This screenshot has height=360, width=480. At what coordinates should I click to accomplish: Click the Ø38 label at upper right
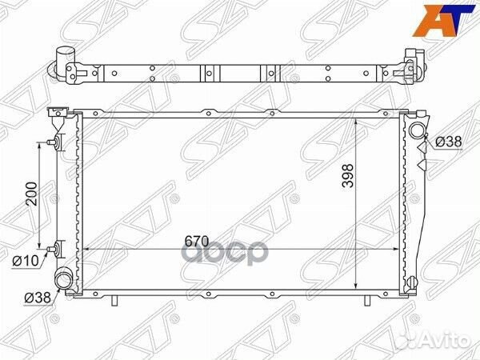click(x=449, y=142)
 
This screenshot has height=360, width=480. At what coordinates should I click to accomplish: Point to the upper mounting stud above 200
click(x=54, y=143)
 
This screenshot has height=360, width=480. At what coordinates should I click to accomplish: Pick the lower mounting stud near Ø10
click(x=54, y=247)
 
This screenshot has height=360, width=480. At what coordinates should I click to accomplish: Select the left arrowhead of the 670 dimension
click(x=86, y=250)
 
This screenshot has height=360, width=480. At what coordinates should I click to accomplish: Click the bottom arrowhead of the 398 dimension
click(x=355, y=289)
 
